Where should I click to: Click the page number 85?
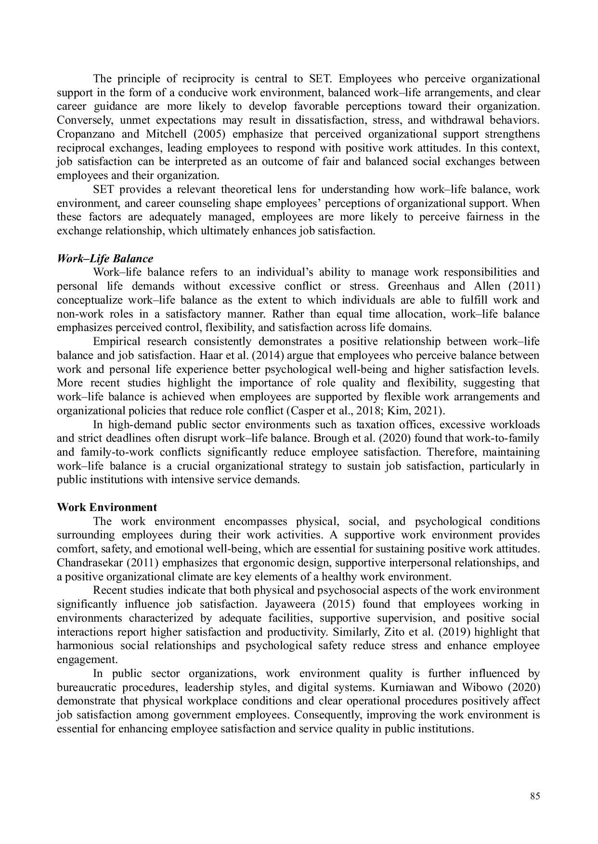click(x=535, y=796)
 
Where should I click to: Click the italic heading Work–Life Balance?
click(x=105, y=258)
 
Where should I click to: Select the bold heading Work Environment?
click(x=107, y=507)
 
